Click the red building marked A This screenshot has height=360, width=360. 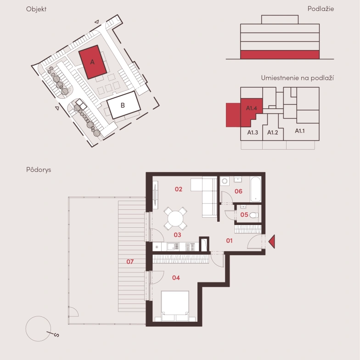(x=93, y=62)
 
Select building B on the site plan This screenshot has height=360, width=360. (x=124, y=105)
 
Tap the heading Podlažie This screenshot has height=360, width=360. (x=321, y=9)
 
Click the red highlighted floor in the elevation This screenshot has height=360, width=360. (x=280, y=55)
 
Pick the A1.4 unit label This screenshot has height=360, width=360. (x=252, y=108)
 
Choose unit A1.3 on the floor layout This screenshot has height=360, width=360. (x=253, y=132)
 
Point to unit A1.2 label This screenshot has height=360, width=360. (x=273, y=132)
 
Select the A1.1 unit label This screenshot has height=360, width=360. (x=299, y=131)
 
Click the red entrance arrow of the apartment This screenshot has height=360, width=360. (x=272, y=242)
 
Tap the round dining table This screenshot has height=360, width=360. (x=175, y=219)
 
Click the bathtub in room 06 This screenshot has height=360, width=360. (x=256, y=189)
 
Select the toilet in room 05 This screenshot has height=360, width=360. (x=253, y=215)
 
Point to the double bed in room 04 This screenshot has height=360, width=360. (x=175, y=306)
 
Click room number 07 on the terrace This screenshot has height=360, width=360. (x=130, y=262)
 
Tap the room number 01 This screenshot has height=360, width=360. (x=229, y=241)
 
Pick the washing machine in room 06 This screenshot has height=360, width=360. (x=225, y=181)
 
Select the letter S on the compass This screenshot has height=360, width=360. (x=56, y=335)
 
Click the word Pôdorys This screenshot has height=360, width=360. (x=39, y=170)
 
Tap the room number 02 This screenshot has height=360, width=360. (x=178, y=189)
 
